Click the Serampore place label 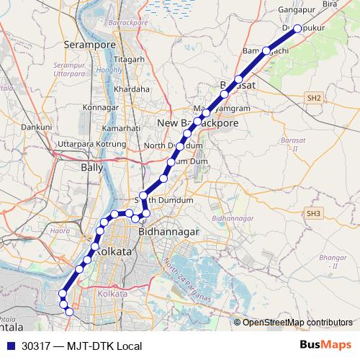pyautogui.click(x=91, y=45)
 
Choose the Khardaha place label pyautogui.click(x=132, y=89)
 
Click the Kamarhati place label pyautogui.click(x=121, y=127)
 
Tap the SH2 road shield pyautogui.click(x=312, y=97)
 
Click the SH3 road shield pyautogui.click(x=312, y=214)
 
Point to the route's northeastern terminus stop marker pyautogui.click(x=297, y=29)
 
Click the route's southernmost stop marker pyautogui.click(x=69, y=312)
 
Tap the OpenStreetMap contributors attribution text pyautogui.click(x=297, y=322)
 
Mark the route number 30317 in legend pyautogui.click(x=37, y=346)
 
